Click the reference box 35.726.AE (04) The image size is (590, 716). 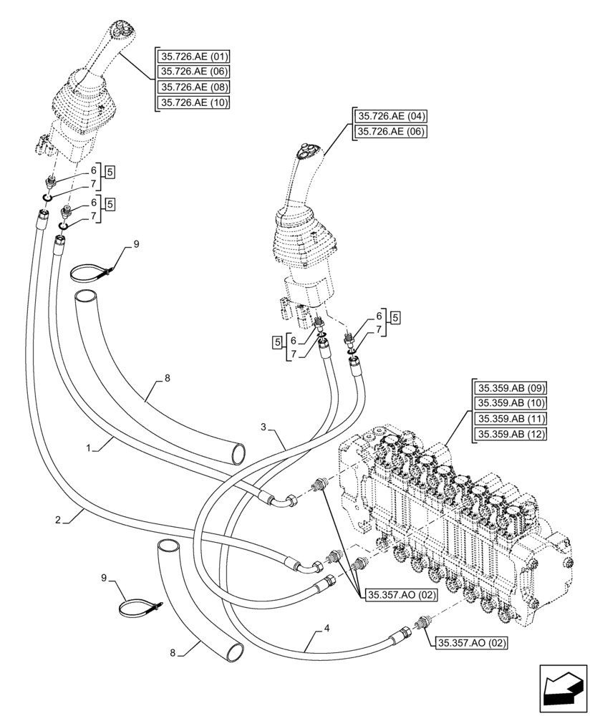click(390, 115)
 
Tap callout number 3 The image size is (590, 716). click(263, 427)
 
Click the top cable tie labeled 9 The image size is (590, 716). click(91, 272)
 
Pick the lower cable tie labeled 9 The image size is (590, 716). click(140, 609)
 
